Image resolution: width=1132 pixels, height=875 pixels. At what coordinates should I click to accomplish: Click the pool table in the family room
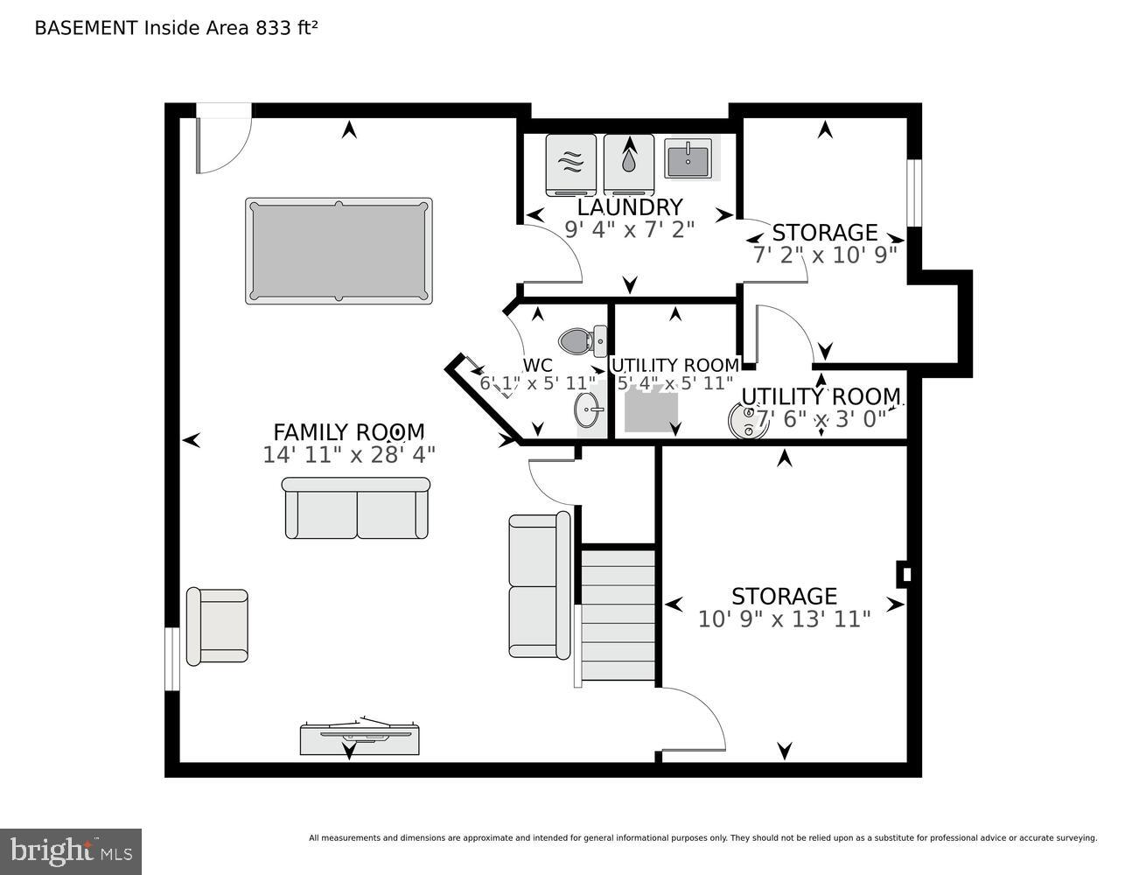[339, 251]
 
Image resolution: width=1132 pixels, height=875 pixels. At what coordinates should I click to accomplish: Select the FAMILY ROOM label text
[348, 432]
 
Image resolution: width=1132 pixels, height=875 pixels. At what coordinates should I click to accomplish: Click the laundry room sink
[688, 159]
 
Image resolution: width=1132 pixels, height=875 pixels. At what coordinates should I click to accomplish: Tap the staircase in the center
[618, 613]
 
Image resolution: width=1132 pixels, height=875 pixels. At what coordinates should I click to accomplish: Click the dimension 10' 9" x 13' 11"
[784, 619]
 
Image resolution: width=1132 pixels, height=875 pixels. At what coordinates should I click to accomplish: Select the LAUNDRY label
[629, 207]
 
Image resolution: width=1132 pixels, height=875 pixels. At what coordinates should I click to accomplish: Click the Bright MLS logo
[71, 850]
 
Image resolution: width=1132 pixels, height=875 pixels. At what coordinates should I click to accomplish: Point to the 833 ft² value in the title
[286, 27]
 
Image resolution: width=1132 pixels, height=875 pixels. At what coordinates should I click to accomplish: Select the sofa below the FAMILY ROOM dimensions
[356, 508]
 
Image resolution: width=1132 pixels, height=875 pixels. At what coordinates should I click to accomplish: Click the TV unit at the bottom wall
[360, 737]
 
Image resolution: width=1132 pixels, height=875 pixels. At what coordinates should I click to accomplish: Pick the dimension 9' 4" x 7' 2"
[629, 229]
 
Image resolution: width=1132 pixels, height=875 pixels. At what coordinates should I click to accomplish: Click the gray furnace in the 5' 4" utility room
[651, 411]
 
